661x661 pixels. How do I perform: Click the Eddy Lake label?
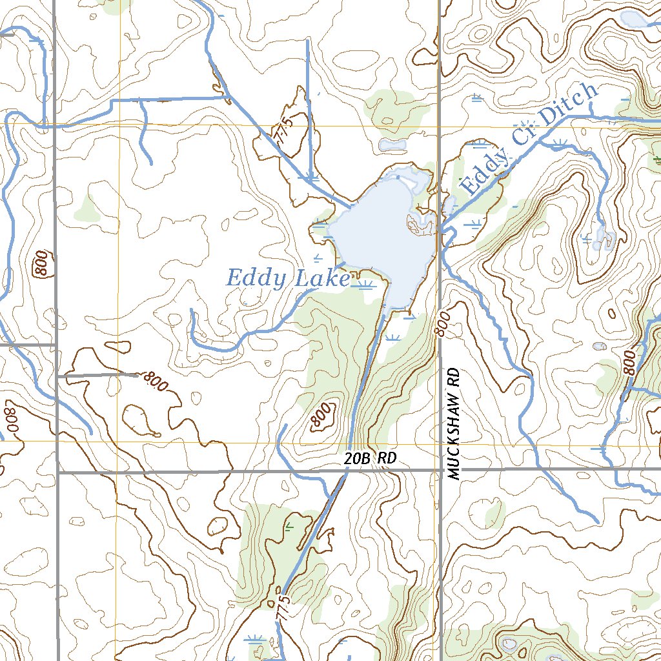coord(287,278)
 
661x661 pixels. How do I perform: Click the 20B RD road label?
coord(369,459)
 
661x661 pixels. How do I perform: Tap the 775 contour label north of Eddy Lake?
coord(287,124)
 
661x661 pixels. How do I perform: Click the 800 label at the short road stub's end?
coord(155,381)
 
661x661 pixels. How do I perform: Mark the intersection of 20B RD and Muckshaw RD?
coord(439,470)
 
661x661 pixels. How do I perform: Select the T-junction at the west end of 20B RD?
coord(57,473)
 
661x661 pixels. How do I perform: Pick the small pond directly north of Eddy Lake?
coord(392,145)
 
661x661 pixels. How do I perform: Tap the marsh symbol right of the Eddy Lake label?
coord(367,285)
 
